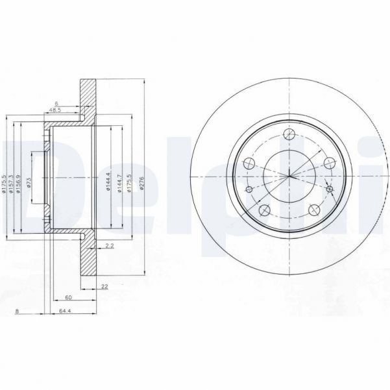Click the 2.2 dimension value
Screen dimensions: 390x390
point(110,245)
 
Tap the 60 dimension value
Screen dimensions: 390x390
point(68,299)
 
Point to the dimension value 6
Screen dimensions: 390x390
point(57,103)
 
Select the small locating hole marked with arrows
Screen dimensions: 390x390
point(330,189)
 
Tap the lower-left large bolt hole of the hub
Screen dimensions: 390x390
point(263,210)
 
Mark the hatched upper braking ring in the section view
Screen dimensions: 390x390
point(87,97)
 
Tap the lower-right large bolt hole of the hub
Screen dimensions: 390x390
point(312,210)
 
